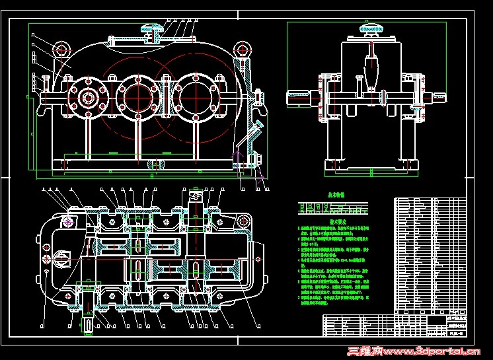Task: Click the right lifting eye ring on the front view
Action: point(239,50)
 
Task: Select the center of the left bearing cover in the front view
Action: point(87,97)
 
